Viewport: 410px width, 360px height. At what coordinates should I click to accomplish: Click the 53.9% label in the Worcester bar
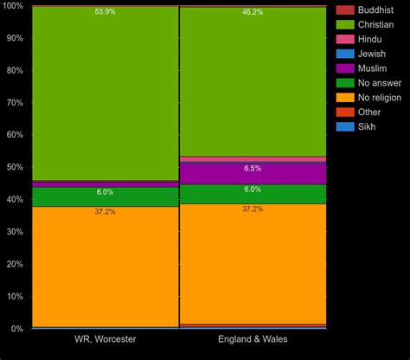point(105,12)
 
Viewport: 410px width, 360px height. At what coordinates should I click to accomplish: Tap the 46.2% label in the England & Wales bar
point(253,12)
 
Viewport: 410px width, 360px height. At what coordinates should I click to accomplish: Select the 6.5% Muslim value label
point(253,169)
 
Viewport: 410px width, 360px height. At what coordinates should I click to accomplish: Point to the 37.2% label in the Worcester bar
point(105,211)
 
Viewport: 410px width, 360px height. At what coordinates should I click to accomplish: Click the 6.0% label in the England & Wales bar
point(253,190)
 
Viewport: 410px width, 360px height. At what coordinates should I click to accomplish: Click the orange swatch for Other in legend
point(344,112)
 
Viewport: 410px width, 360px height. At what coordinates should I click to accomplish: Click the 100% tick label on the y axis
point(13,5)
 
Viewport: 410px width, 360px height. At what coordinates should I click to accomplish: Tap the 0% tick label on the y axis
point(17,329)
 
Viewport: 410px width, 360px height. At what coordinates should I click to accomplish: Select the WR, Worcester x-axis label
point(105,339)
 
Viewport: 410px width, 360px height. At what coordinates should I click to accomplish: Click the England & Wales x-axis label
point(253,339)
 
